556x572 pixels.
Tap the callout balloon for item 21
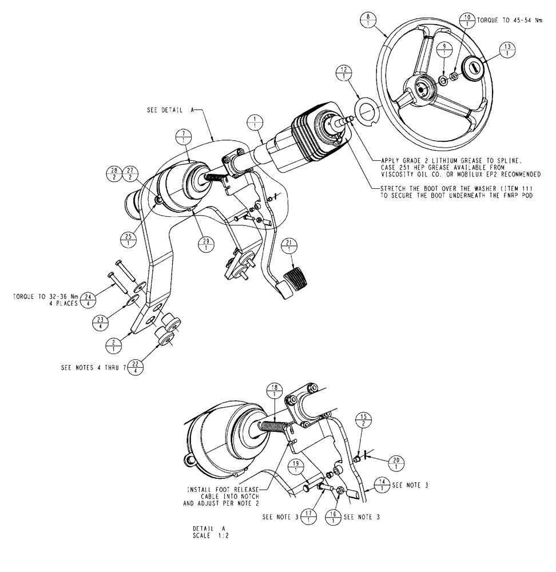point(291,245)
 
